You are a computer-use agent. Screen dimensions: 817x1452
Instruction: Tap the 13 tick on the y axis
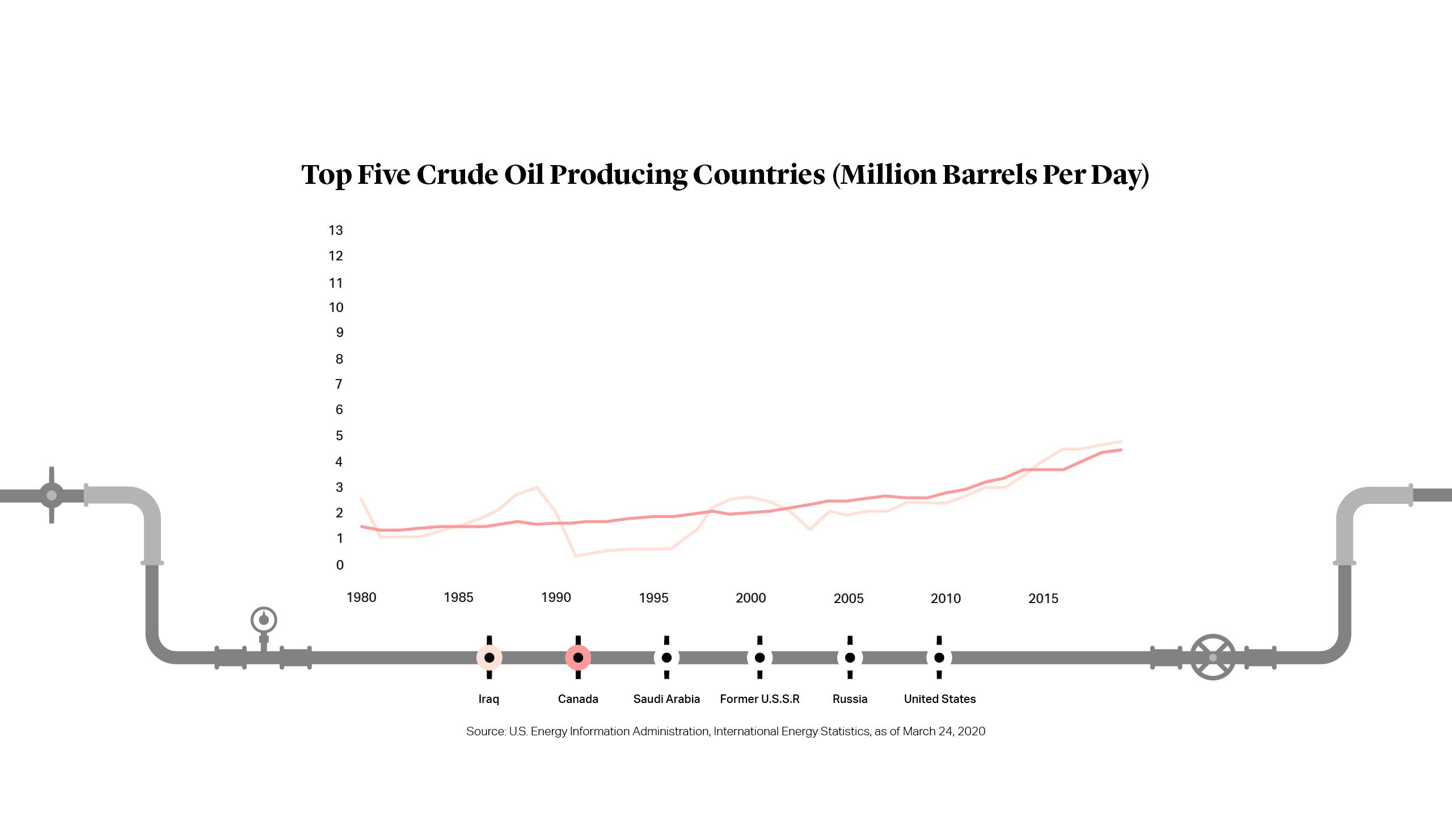click(x=336, y=230)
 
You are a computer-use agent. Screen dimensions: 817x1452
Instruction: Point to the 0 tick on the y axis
click(x=340, y=565)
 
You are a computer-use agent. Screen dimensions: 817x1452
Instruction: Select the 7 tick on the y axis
click(x=339, y=384)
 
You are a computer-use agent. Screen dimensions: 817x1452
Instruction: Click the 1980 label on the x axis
click(x=361, y=597)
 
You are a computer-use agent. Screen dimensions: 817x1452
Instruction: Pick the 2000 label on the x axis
click(x=750, y=598)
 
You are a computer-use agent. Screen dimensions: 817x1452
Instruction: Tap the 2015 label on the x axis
click(x=1043, y=599)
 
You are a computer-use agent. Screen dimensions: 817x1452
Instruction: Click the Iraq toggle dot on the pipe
click(x=489, y=658)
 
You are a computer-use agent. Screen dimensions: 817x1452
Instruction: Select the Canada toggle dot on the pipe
click(x=578, y=658)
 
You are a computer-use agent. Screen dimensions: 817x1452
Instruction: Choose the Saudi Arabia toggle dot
click(x=666, y=658)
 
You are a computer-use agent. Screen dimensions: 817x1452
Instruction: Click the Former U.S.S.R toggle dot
click(x=759, y=658)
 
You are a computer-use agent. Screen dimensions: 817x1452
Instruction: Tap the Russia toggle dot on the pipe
click(x=850, y=658)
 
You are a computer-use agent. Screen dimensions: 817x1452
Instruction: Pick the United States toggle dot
click(x=939, y=658)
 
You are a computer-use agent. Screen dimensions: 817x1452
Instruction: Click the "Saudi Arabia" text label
click(x=666, y=699)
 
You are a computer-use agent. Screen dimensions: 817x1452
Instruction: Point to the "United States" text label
click(x=940, y=699)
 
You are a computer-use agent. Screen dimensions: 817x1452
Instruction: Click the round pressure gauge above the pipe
click(x=264, y=620)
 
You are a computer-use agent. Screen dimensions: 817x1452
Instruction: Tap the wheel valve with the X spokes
click(x=1213, y=658)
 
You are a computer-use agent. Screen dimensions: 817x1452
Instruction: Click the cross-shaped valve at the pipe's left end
click(x=52, y=495)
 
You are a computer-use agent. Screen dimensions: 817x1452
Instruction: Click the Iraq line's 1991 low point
click(x=576, y=555)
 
